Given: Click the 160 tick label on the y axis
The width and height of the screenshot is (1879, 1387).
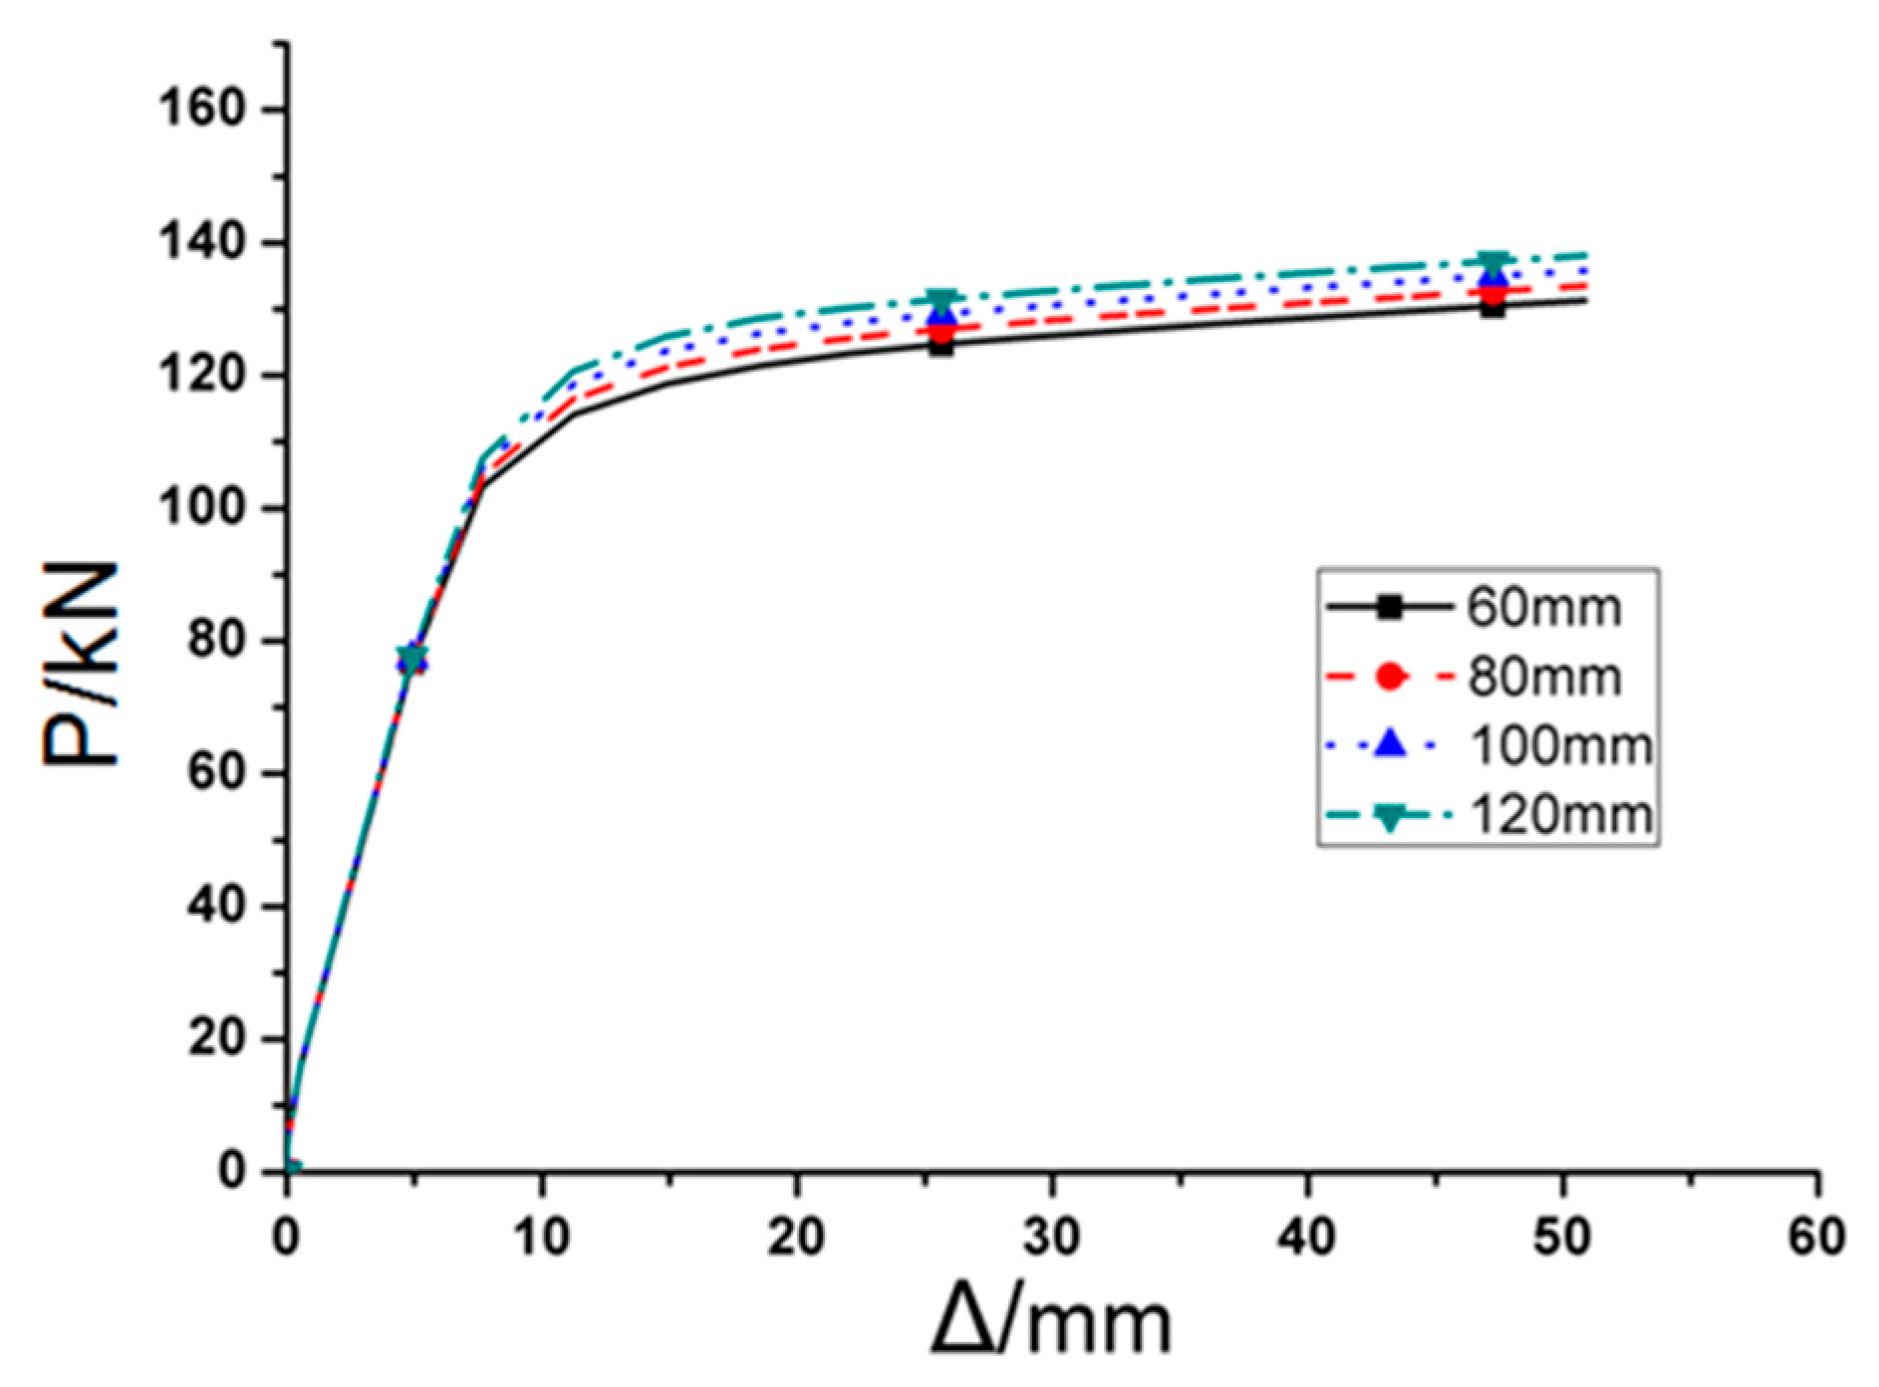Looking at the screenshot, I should (x=201, y=109).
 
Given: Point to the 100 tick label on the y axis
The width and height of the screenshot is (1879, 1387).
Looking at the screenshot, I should (x=201, y=507).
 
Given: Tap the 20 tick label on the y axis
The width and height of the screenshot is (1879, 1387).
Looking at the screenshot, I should (x=216, y=1038).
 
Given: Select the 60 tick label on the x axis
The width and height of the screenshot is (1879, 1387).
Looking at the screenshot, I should (x=1816, y=1237).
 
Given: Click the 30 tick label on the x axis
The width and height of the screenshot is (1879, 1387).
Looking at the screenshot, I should (x=1051, y=1237).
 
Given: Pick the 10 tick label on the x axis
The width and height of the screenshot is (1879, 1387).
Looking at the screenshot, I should (x=541, y=1237).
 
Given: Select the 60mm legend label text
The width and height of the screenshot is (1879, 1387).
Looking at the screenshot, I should (x=1543, y=608).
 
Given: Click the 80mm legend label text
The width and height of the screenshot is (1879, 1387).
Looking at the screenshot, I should (x=1543, y=678).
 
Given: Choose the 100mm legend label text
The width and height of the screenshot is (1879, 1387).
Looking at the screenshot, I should (x=1560, y=746).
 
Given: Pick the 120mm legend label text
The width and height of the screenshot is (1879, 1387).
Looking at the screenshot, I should (x=1560, y=815).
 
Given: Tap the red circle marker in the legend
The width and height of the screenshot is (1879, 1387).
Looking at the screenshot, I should (x=1390, y=677).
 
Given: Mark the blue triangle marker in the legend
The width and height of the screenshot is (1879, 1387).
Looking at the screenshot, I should (x=1390, y=744).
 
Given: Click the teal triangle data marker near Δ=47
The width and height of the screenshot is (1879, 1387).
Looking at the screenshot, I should (x=1491, y=264).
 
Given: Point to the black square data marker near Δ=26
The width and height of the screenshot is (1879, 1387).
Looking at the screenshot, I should (x=941, y=345).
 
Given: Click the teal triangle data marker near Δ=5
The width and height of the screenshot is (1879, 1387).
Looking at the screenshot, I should (x=411, y=658).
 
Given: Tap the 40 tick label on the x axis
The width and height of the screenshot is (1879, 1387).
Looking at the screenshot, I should (x=1306, y=1237).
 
